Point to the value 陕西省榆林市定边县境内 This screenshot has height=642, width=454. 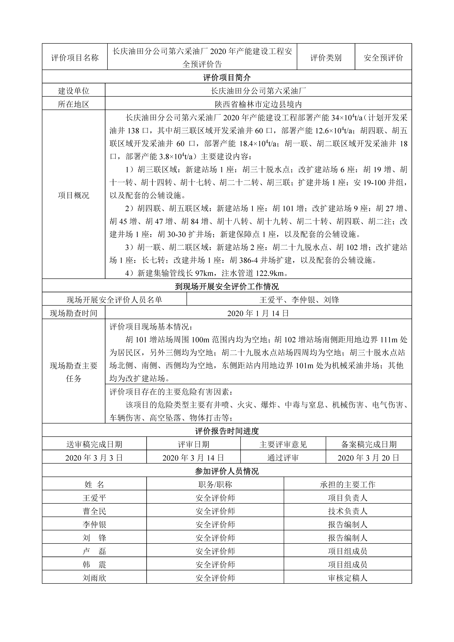click(x=258, y=104)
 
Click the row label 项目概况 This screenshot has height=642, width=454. click(x=74, y=195)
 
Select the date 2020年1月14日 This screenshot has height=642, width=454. click(x=258, y=313)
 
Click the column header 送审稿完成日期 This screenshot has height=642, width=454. click(x=94, y=444)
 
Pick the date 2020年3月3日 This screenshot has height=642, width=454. click(x=94, y=458)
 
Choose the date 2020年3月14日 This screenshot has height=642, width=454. click(x=193, y=458)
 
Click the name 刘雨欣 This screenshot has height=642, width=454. click(x=94, y=578)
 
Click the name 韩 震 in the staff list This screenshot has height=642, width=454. click(x=94, y=565)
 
